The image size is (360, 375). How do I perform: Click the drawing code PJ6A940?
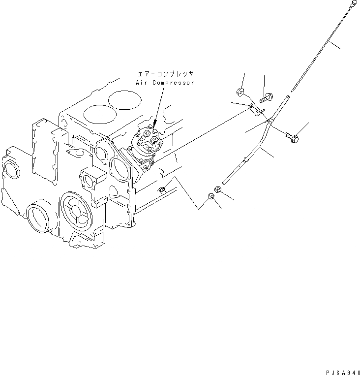pyautogui.click(x=340, y=370)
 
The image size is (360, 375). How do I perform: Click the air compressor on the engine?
pyautogui.click(x=147, y=147)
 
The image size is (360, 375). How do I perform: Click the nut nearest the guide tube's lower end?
pyautogui.click(x=217, y=189)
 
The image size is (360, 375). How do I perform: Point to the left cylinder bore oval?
pyautogui.click(x=96, y=115)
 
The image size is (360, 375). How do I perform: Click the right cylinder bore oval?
pyautogui.click(x=120, y=101)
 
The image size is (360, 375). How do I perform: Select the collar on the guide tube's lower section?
pyautogui.click(x=246, y=160)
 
